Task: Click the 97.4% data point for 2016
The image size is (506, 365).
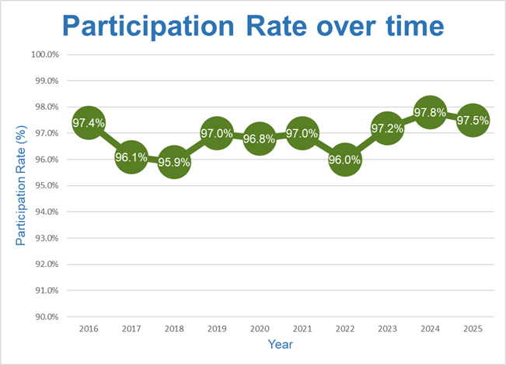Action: coord(89,123)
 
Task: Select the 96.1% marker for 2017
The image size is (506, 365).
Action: coord(131,157)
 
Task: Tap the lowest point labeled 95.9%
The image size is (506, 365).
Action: coord(174,163)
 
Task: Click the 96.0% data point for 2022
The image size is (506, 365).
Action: coord(344,160)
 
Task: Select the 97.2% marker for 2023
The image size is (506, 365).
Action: coord(387,128)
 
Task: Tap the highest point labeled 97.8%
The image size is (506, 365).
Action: coord(430,113)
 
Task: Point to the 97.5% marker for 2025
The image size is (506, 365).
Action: coord(472,121)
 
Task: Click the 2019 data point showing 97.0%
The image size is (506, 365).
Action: coord(217,134)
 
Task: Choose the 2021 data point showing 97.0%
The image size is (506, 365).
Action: coord(302,134)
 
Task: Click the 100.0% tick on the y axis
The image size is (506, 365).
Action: coord(47,54)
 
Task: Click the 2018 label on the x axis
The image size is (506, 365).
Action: coord(174,329)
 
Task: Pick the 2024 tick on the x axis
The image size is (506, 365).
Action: coord(430,329)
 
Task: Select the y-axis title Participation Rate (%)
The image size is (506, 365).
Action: coord(21,186)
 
